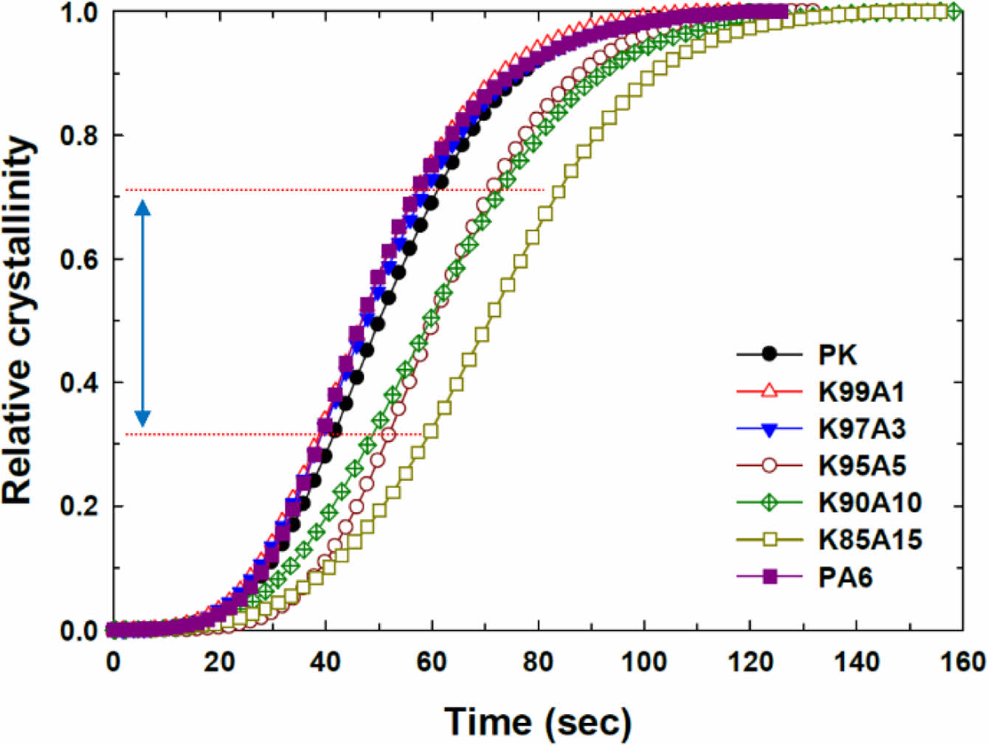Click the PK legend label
pos(837,355)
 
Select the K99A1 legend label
pos(861,392)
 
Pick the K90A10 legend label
pos(870,502)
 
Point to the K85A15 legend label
pos(870,540)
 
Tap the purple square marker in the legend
pos(770,577)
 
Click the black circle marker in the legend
pos(770,355)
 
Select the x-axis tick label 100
pos(644,662)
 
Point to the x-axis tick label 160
pos(962,662)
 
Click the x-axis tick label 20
pos(219,662)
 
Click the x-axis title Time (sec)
pos(537,722)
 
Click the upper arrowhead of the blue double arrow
pos(143,207)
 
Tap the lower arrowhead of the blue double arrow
pos(143,418)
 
